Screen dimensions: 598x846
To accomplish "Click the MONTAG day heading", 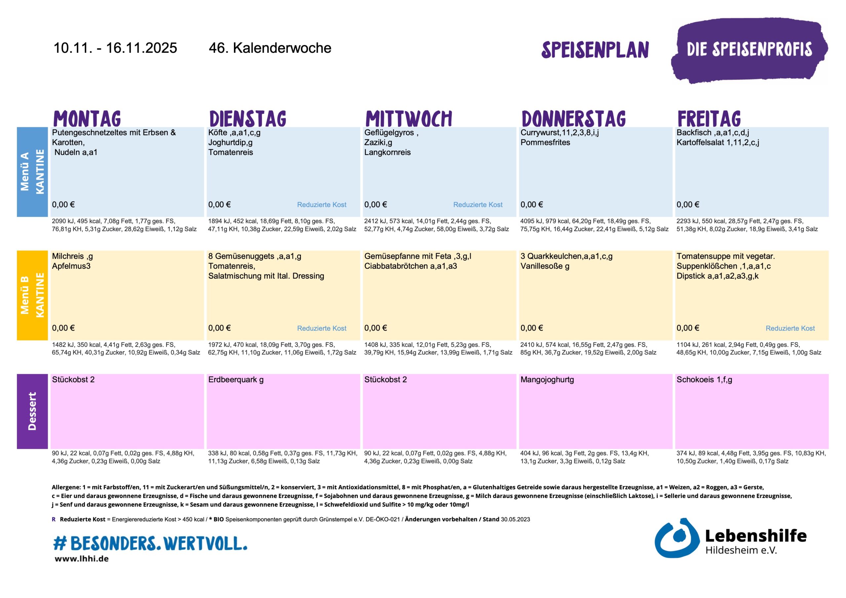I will click(87, 119).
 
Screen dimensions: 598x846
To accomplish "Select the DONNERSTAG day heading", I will click(574, 119).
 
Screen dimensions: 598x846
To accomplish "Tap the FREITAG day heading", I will click(709, 119).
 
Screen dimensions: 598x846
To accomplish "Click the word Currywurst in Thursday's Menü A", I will click(540, 132).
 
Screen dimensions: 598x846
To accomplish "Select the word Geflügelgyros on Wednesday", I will click(389, 132).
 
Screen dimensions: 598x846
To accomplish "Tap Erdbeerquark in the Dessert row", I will click(233, 380).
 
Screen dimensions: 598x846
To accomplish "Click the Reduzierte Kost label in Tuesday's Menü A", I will click(322, 205).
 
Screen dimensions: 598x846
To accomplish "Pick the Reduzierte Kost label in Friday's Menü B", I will click(790, 329).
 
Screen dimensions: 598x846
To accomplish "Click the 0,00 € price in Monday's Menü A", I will click(63, 205).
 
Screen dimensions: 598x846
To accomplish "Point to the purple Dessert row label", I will click(32, 411).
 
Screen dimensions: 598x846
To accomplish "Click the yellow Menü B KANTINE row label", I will click(32, 295).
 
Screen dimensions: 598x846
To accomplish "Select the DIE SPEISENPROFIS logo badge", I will click(749, 50).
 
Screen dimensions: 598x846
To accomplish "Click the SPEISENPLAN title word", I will click(595, 50).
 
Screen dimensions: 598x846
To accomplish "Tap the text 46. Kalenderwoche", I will click(270, 48).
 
